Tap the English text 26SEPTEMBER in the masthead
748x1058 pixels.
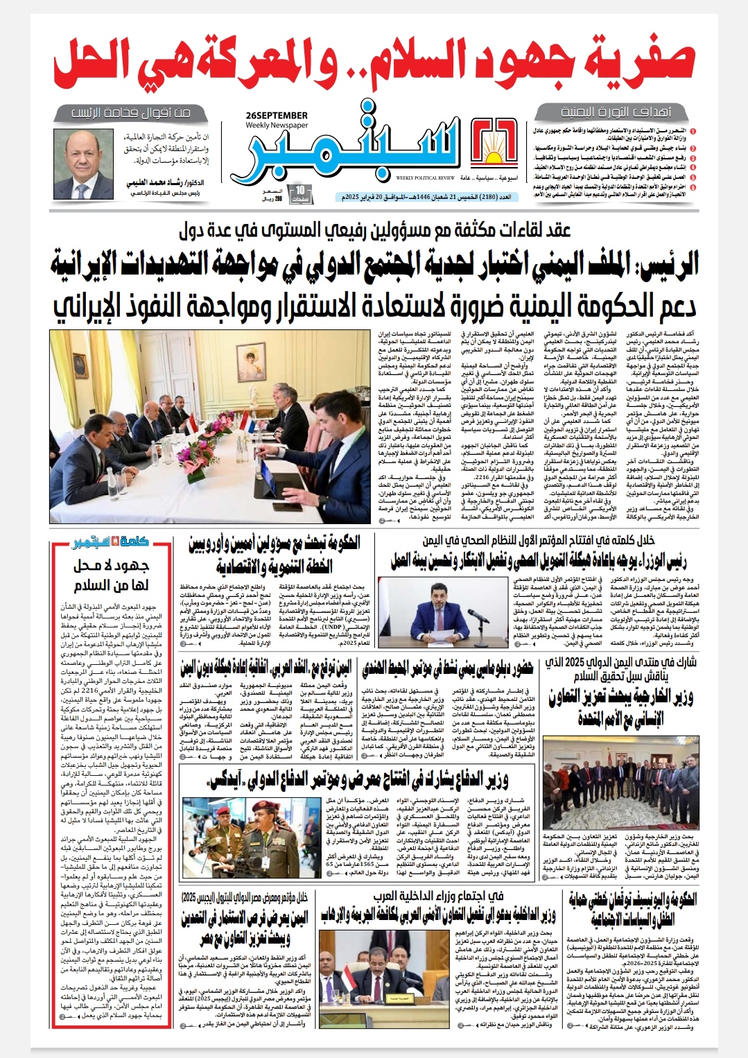(x=277, y=116)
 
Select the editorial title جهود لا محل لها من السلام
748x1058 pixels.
(x=111, y=575)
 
